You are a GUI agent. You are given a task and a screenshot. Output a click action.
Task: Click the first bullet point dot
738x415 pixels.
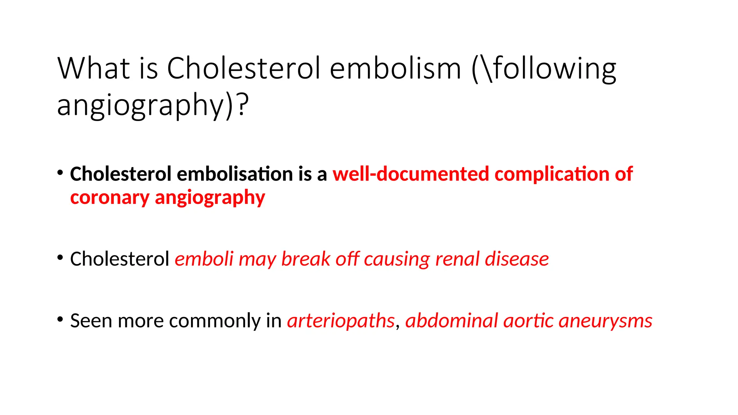coord(60,173)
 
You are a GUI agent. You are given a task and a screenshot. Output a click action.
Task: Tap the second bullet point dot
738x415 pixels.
coord(60,258)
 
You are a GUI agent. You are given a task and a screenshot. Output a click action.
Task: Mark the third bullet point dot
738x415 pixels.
coord(60,319)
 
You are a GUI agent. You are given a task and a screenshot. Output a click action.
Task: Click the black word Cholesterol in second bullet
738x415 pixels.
coord(120,259)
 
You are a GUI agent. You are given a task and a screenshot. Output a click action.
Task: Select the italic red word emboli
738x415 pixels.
coord(204,259)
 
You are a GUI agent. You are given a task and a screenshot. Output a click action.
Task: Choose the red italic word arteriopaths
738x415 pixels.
coord(341,321)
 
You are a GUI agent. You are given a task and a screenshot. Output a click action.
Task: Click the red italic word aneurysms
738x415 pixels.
coord(605,321)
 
